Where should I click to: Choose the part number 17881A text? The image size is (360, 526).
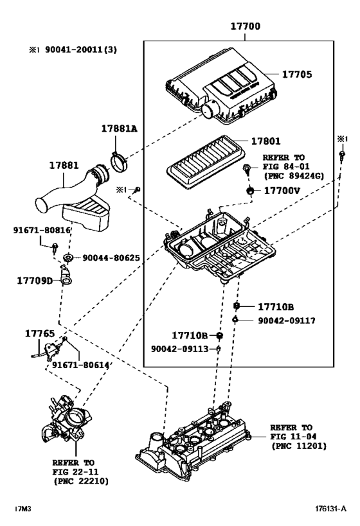tap(119, 128)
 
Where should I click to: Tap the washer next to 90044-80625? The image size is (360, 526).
tap(67, 258)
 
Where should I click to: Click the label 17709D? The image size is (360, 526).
tap(34, 280)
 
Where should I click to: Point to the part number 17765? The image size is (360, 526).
tap(40, 333)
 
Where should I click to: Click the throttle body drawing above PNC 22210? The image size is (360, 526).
tap(64, 421)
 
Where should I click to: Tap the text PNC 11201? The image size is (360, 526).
tap(298, 445)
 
